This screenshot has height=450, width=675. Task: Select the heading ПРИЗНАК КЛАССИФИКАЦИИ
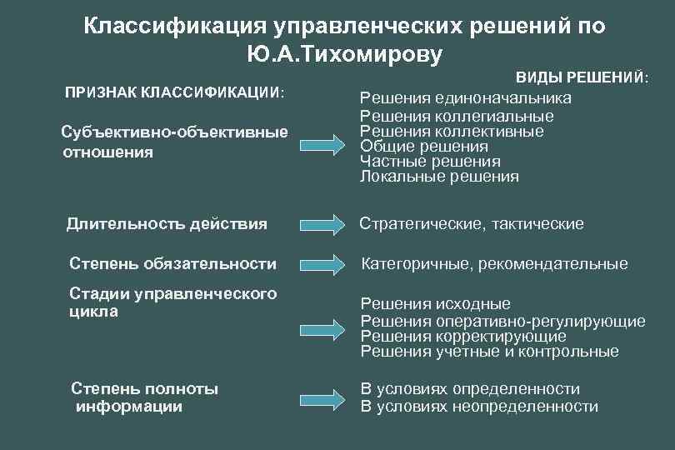click(x=174, y=91)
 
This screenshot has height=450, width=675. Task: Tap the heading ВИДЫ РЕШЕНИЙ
click(x=582, y=77)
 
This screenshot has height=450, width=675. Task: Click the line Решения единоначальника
click(x=466, y=98)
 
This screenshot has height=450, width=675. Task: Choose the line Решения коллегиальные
click(x=457, y=116)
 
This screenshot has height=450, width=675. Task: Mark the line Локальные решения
click(x=439, y=177)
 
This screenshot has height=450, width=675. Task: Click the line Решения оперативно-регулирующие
click(x=502, y=321)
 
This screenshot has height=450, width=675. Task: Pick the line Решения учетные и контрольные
click(x=489, y=352)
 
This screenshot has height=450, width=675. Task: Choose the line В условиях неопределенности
click(x=479, y=407)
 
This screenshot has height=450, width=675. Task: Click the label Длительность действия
click(x=167, y=223)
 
